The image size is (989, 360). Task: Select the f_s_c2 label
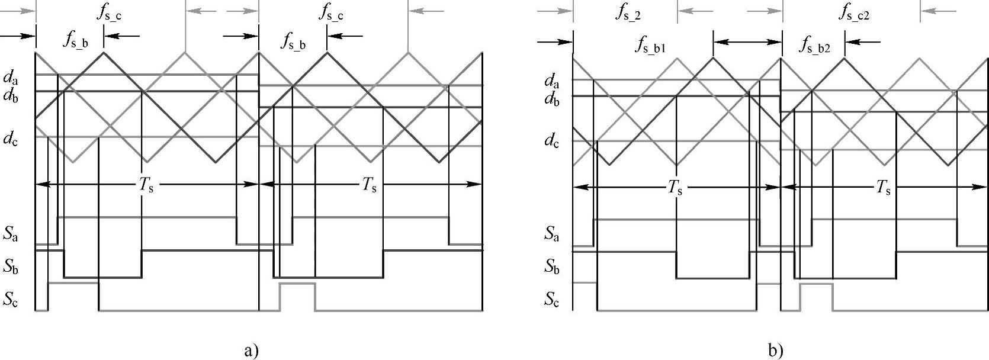pos(854,14)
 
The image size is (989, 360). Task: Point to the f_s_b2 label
pos(815,46)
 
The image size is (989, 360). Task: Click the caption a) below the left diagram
pos(251,351)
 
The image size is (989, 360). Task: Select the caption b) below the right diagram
pos(775,351)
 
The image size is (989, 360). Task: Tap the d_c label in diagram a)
pos(10,139)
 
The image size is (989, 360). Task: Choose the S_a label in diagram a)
pos(10,235)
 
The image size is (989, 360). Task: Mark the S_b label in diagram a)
pos(10,267)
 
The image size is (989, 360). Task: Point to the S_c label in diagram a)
pos(10,299)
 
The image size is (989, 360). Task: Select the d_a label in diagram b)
pos(552,81)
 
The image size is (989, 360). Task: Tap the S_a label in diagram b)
pos(552,234)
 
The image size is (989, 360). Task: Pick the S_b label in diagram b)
pos(552,267)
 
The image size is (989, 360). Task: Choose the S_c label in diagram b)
pos(552,300)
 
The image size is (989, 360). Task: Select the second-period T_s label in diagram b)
pos(883,188)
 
